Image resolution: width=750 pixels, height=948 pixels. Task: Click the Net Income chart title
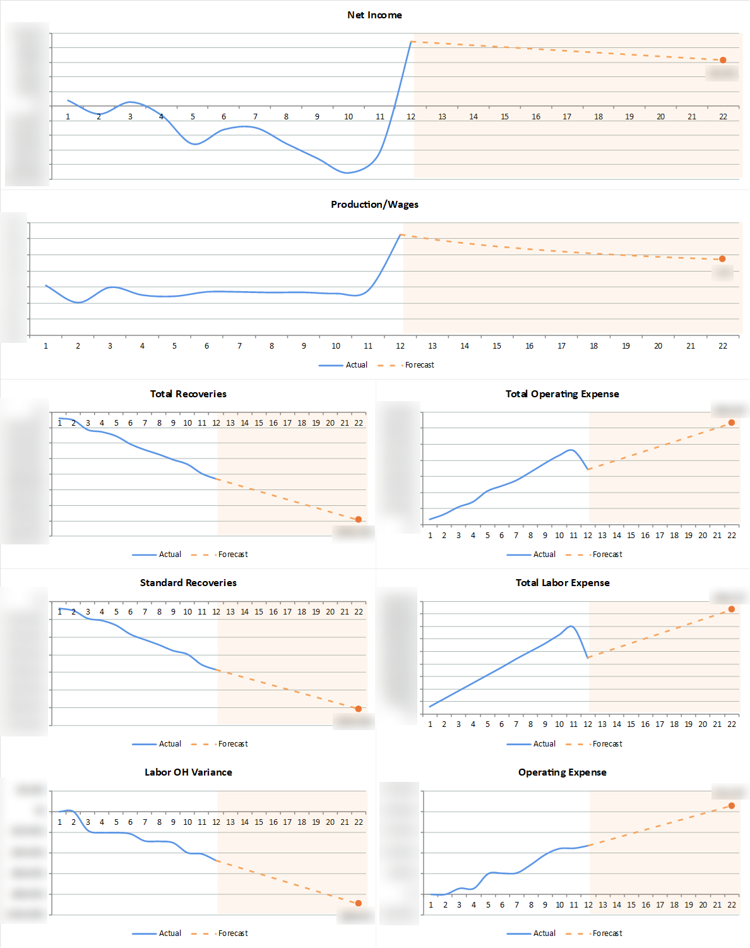374,15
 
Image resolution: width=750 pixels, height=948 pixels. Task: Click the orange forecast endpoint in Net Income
723,60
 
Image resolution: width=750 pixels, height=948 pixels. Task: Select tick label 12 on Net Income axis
411,117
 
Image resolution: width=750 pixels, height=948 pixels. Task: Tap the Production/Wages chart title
374,205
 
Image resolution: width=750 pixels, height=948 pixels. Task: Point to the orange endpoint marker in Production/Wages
722,259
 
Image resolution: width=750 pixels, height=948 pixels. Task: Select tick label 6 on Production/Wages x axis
206,346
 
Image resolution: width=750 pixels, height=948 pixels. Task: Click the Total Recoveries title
188,394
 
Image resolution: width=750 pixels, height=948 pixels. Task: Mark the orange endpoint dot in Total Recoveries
359,519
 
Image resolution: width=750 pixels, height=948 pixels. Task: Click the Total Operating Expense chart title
562,394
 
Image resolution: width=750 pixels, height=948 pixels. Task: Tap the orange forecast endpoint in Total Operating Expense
732,423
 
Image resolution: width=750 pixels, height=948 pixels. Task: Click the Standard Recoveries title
188,583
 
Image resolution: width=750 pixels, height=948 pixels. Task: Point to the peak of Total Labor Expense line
571,626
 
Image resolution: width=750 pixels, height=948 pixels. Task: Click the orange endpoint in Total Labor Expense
732,609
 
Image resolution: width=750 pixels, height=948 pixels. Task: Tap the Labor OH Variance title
188,772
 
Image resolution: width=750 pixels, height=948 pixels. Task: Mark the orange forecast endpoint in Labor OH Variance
359,903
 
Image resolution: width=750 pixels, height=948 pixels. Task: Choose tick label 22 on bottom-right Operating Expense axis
732,905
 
